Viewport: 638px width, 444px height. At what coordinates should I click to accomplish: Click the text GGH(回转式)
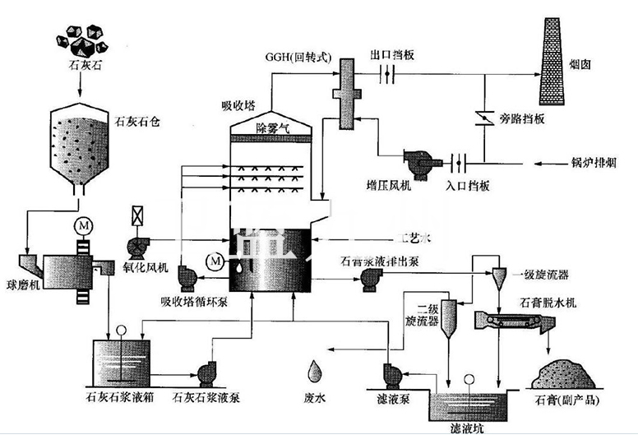(x=297, y=58)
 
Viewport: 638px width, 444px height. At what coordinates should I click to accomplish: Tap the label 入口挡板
(x=469, y=186)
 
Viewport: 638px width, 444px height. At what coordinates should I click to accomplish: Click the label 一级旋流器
(x=542, y=273)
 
